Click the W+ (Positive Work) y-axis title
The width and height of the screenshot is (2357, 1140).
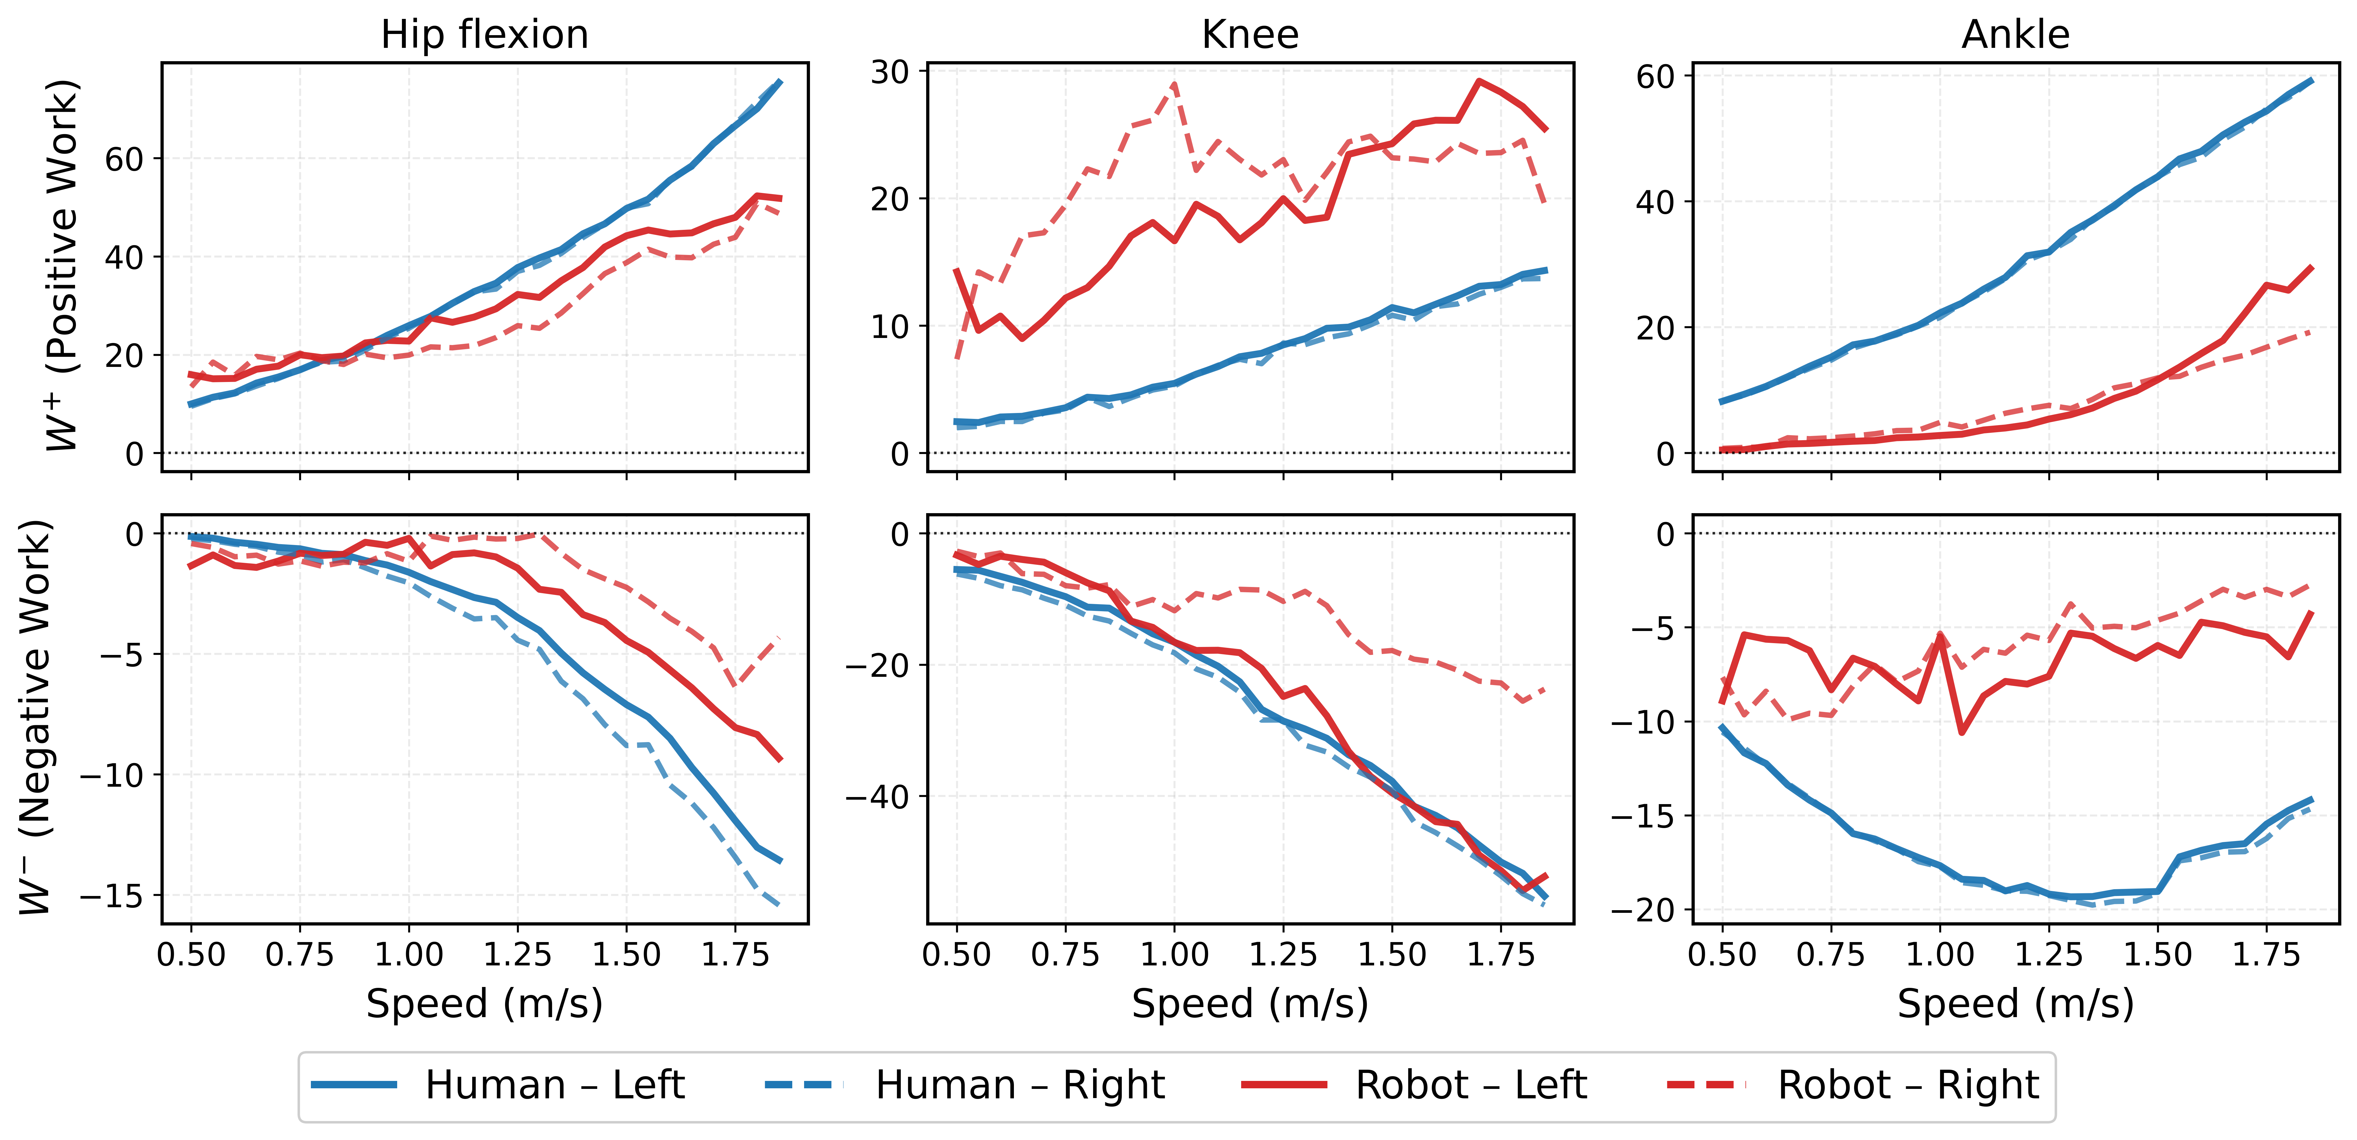click(62, 265)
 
